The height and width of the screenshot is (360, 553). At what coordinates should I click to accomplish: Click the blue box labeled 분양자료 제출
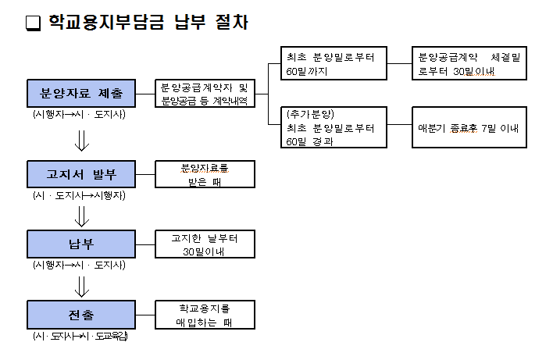[x=80, y=94]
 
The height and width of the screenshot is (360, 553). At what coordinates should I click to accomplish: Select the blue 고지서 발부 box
[x=80, y=174]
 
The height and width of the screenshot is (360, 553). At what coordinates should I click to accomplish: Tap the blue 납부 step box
[x=80, y=244]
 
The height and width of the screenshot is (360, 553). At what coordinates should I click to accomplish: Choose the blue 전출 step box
[x=80, y=315]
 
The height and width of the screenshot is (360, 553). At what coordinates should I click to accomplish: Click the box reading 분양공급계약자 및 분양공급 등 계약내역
[x=205, y=94]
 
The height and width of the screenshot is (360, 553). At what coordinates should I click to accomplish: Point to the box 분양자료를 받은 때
[x=205, y=174]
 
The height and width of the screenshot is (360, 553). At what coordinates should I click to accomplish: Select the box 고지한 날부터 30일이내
[x=205, y=244]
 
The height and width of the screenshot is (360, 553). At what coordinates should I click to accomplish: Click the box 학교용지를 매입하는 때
[x=205, y=315]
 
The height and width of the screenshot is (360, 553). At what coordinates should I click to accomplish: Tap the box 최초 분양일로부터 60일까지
[x=334, y=64]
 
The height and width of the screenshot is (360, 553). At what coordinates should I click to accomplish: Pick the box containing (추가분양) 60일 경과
[x=334, y=127]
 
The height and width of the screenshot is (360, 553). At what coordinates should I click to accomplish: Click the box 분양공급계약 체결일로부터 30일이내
[x=469, y=64]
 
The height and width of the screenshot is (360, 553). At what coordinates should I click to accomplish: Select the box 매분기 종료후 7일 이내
[x=469, y=127]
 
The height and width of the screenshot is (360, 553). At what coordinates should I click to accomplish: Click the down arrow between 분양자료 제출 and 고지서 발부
[x=80, y=141]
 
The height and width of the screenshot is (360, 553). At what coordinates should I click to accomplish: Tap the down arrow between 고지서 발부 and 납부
[x=80, y=212]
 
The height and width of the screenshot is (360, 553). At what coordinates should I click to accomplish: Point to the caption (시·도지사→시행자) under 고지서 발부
[x=79, y=195]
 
